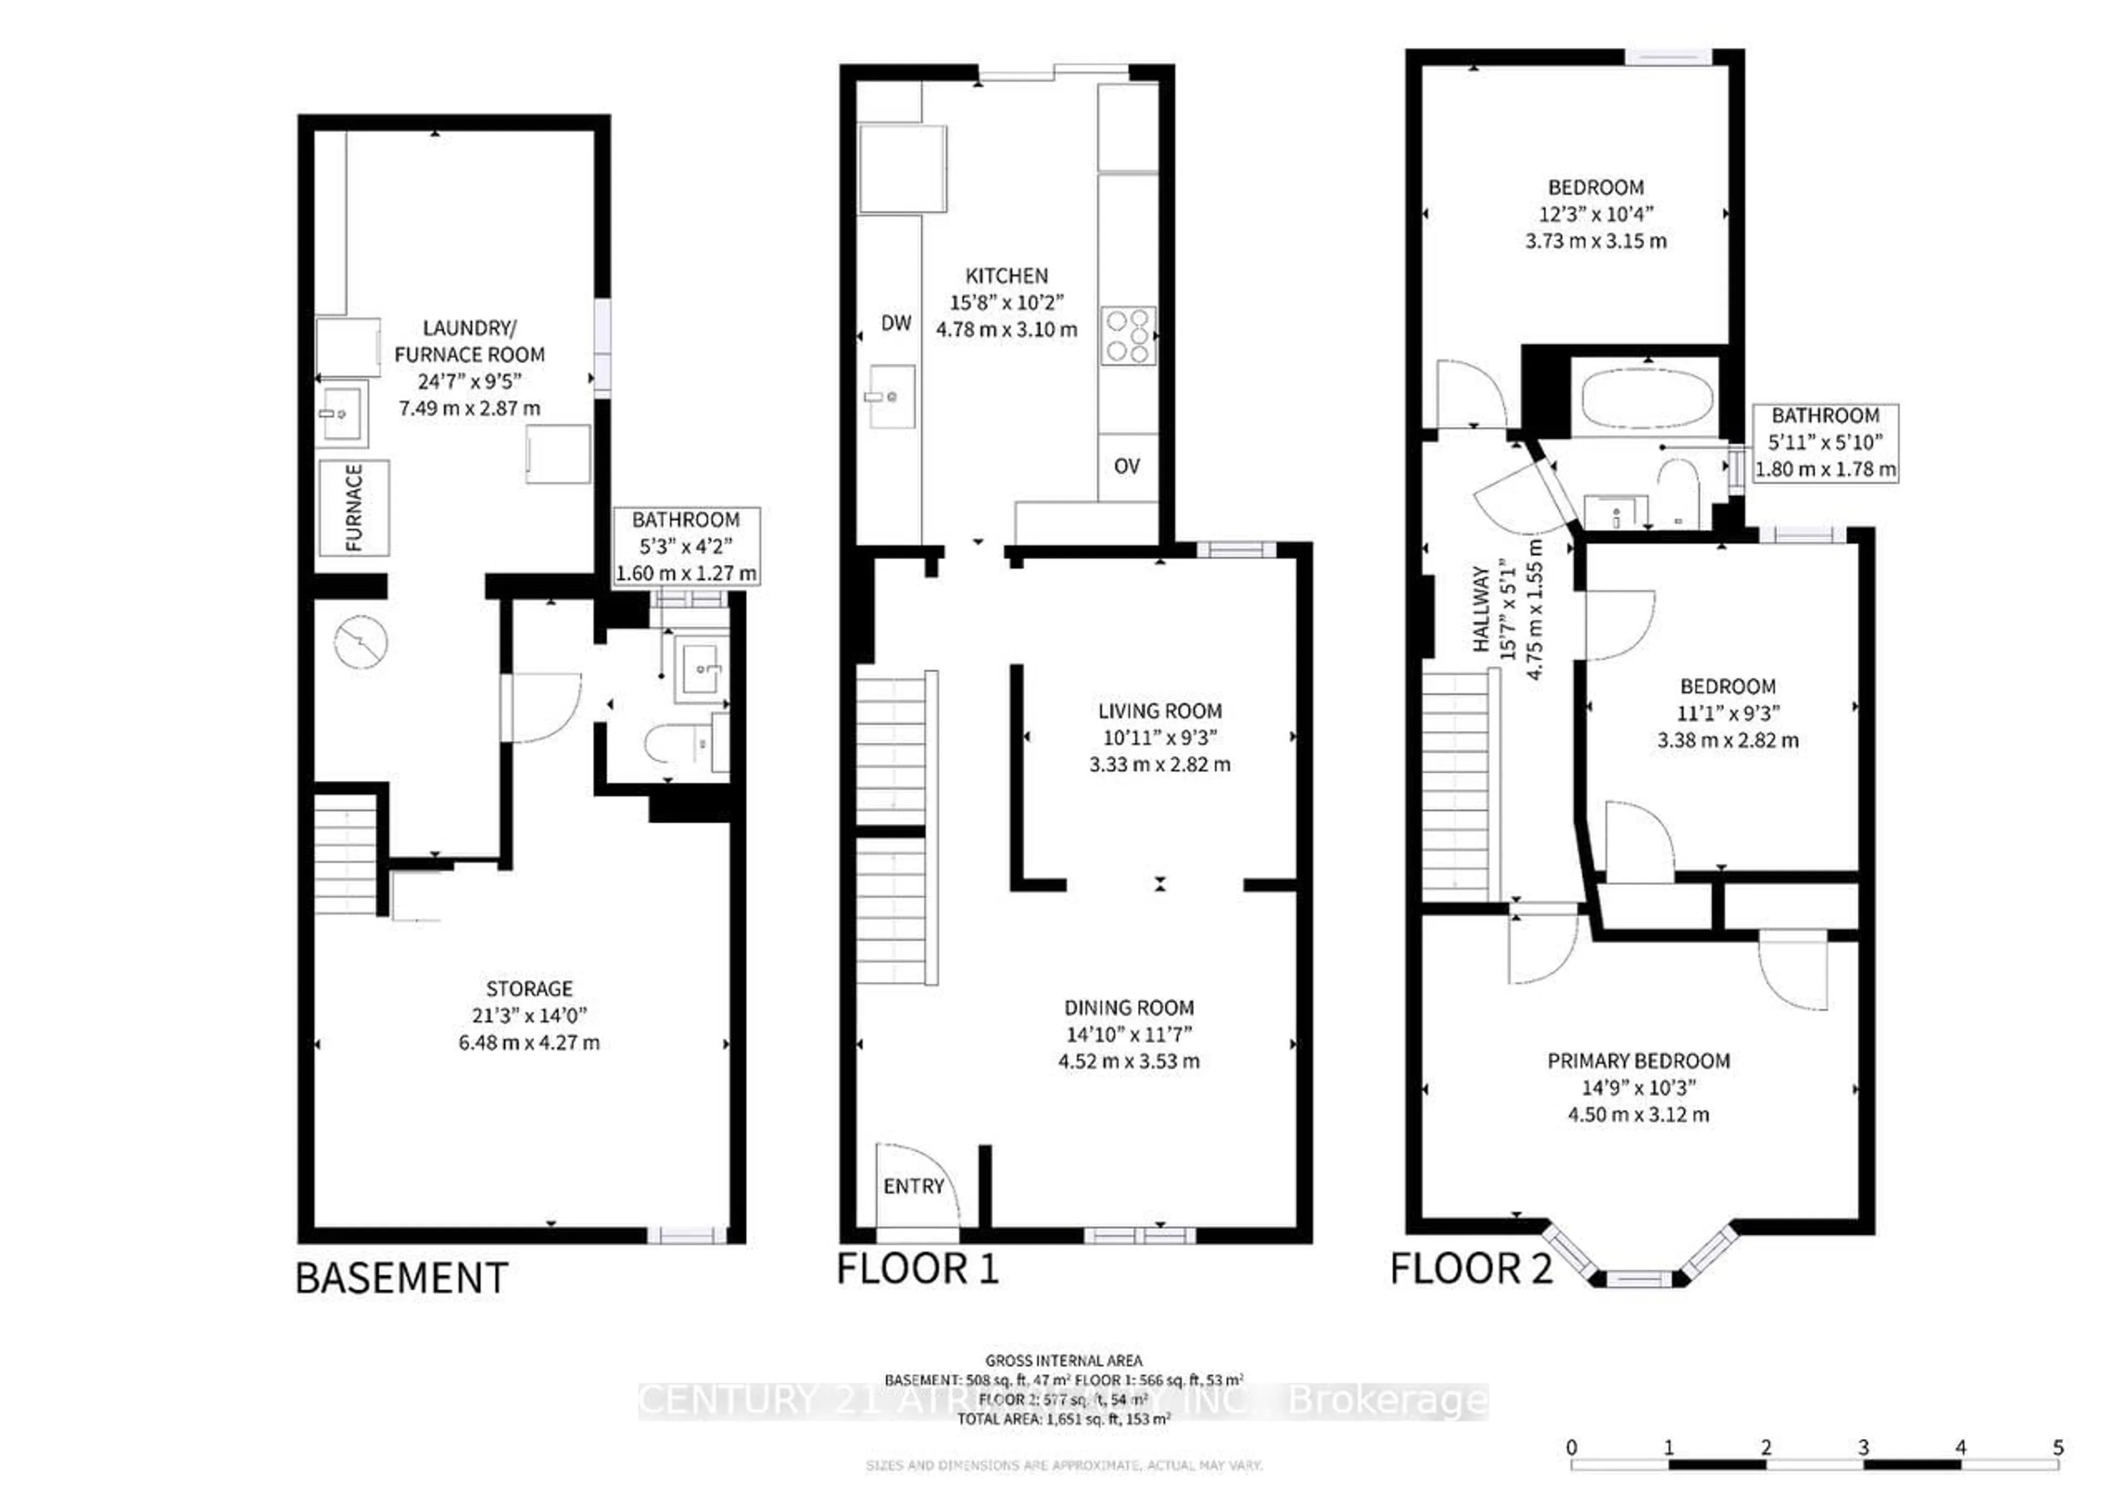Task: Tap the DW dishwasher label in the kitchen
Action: [896, 322]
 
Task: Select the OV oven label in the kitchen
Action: [1127, 466]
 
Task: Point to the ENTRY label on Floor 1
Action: [913, 1186]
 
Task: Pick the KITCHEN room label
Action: [1007, 276]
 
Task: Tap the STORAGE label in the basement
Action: [529, 989]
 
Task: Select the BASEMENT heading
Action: [401, 1279]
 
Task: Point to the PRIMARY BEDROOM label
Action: [1638, 1061]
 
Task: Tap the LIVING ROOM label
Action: [1160, 711]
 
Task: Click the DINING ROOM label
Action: [1128, 1007]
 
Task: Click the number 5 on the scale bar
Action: [2058, 1447]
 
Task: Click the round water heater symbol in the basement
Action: [361, 642]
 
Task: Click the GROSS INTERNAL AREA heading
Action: [1063, 1361]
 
